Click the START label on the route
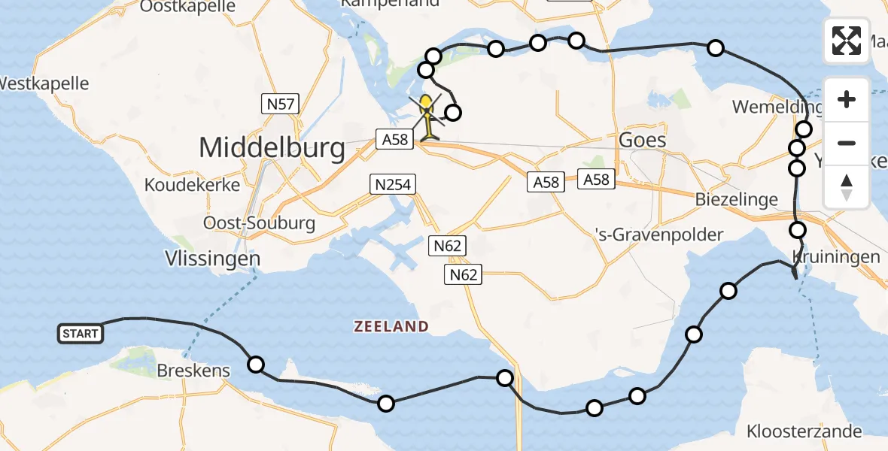tap(81, 333)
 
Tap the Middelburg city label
tap(272, 148)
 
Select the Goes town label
tap(641, 140)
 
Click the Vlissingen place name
tap(213, 259)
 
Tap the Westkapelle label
tap(44, 83)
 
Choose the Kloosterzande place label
tap(804, 431)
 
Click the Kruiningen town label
tap(835, 257)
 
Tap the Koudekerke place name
tap(193, 185)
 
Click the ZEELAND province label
tap(391, 326)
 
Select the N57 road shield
tap(280, 104)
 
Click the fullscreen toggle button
tap(847, 41)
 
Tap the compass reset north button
tap(847, 187)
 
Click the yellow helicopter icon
tap(427, 115)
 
